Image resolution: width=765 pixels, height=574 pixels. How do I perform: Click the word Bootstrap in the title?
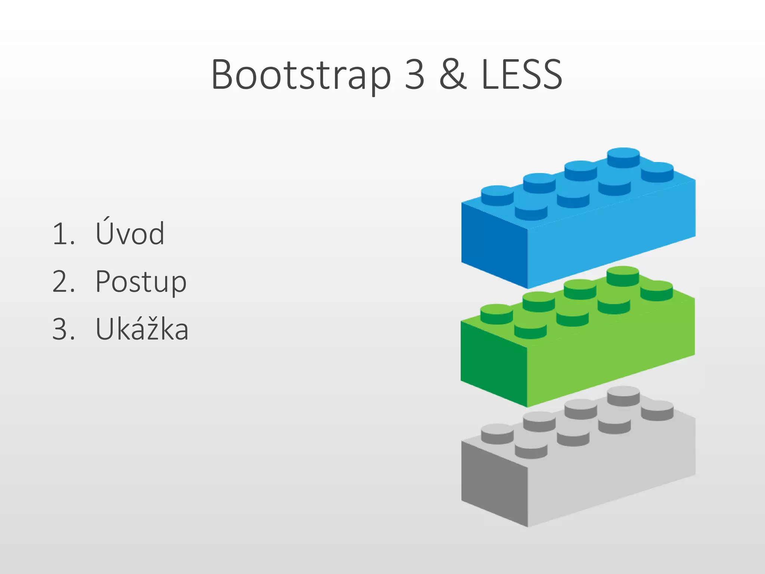pos(301,75)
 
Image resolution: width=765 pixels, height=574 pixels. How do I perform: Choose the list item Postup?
pos(140,281)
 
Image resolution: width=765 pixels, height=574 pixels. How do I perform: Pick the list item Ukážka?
pos(142,329)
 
